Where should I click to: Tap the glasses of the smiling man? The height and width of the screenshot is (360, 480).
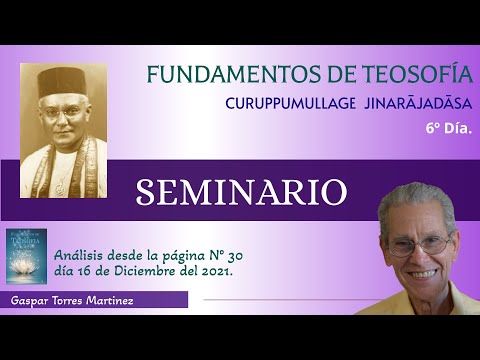420,242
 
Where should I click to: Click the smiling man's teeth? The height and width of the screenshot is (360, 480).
423,272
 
